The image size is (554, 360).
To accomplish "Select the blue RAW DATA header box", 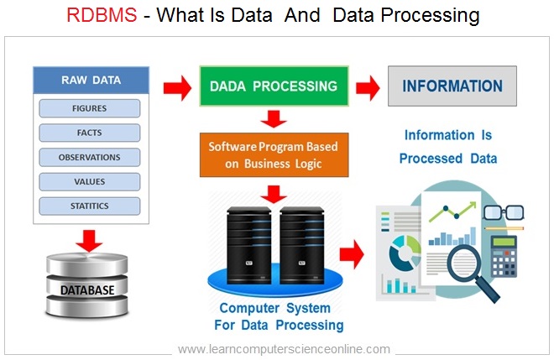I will pos(90,81).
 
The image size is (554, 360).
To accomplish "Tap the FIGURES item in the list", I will pos(89,109).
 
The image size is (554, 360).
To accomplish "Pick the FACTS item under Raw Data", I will pos(89,133).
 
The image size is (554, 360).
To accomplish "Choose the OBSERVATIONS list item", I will pos(89,157).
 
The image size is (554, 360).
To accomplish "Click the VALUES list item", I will pos(89,181).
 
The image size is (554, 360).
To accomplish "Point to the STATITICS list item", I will pos(89,206).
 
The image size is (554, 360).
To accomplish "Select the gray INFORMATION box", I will pos(452,86).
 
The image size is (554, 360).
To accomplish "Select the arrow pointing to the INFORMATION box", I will pos(367,86).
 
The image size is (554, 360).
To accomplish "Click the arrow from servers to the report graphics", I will pos(352,252).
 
